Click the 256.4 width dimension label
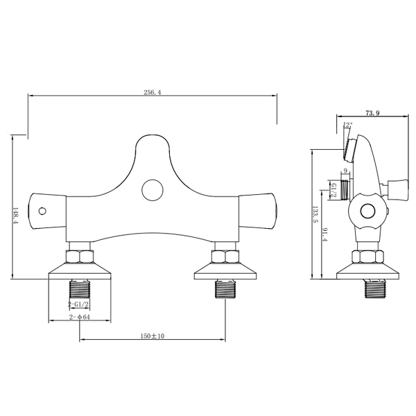click(x=153, y=92)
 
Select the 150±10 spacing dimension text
click(x=153, y=336)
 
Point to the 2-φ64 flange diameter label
click(x=80, y=317)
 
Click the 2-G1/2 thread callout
click(x=78, y=304)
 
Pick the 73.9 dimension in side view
click(x=372, y=113)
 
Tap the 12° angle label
click(x=347, y=124)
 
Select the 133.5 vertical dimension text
click(x=315, y=214)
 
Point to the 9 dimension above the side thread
click(x=345, y=171)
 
